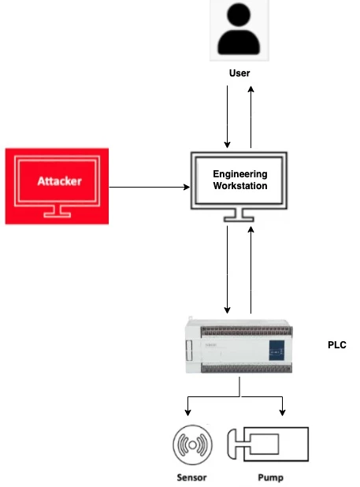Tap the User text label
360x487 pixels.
coord(239,73)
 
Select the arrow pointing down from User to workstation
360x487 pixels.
coord(228,116)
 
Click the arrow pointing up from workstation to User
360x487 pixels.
coord(251,116)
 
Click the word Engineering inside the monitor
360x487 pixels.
coord(240,174)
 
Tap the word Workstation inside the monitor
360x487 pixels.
coord(240,186)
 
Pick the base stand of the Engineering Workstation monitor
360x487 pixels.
coord(239,215)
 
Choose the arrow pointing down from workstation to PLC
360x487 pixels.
coord(228,268)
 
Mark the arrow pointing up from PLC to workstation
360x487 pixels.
coord(251,268)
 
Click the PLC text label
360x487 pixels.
coord(336,345)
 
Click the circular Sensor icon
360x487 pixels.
coord(193,445)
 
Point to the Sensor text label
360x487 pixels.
coord(191,478)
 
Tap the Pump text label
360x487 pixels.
coord(270,478)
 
